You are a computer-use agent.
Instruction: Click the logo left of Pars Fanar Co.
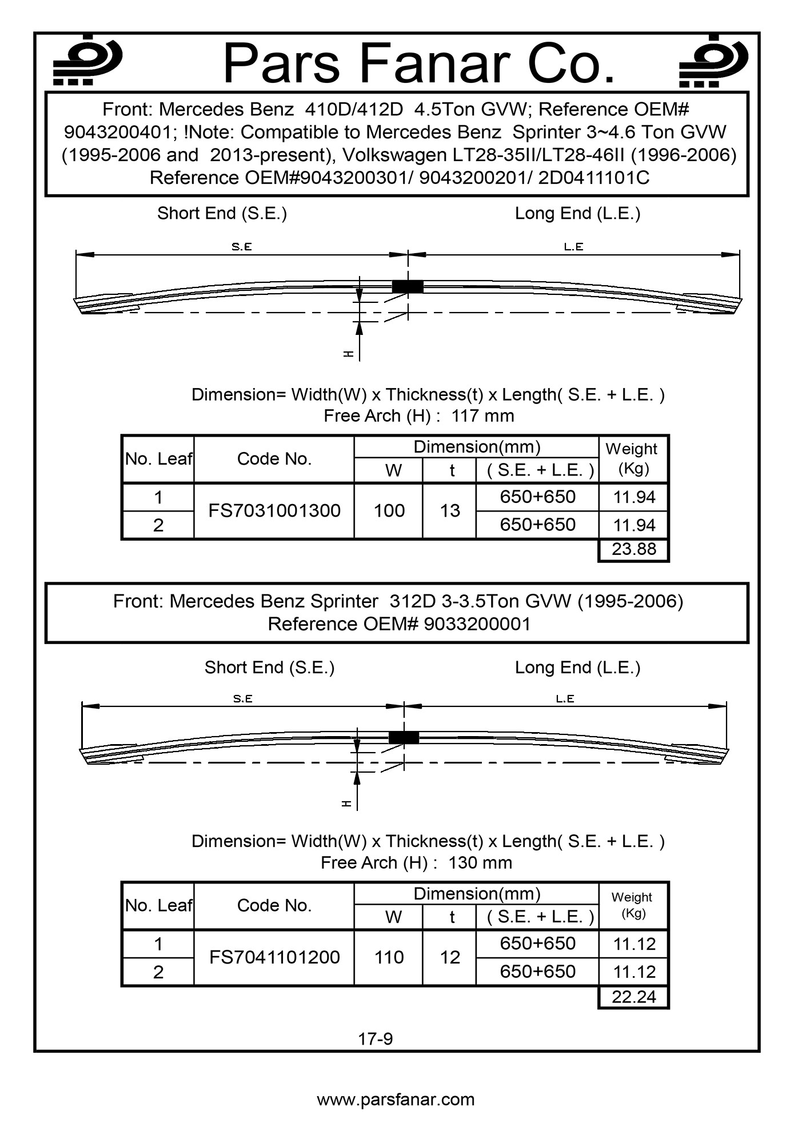click(x=87, y=61)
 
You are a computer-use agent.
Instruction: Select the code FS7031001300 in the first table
click(x=274, y=510)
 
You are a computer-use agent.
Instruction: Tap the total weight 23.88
click(x=633, y=549)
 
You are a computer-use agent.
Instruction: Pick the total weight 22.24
click(x=633, y=997)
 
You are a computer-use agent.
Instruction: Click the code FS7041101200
click(x=274, y=957)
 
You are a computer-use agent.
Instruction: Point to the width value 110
click(x=389, y=957)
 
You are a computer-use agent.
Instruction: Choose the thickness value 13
click(x=450, y=510)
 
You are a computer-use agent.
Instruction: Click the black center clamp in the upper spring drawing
click(x=408, y=286)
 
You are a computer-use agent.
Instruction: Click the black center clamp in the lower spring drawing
click(x=404, y=737)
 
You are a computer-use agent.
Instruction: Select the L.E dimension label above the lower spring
click(x=565, y=698)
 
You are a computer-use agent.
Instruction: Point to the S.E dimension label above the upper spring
click(x=242, y=247)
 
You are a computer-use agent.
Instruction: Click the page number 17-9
click(x=376, y=1039)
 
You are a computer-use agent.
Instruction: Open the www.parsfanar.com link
click(x=396, y=1100)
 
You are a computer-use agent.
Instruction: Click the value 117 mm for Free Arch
click(x=483, y=416)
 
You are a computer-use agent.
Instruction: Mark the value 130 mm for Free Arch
click(x=480, y=863)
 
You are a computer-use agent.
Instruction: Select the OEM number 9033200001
click(x=477, y=624)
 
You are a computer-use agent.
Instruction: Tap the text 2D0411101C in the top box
click(x=594, y=178)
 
